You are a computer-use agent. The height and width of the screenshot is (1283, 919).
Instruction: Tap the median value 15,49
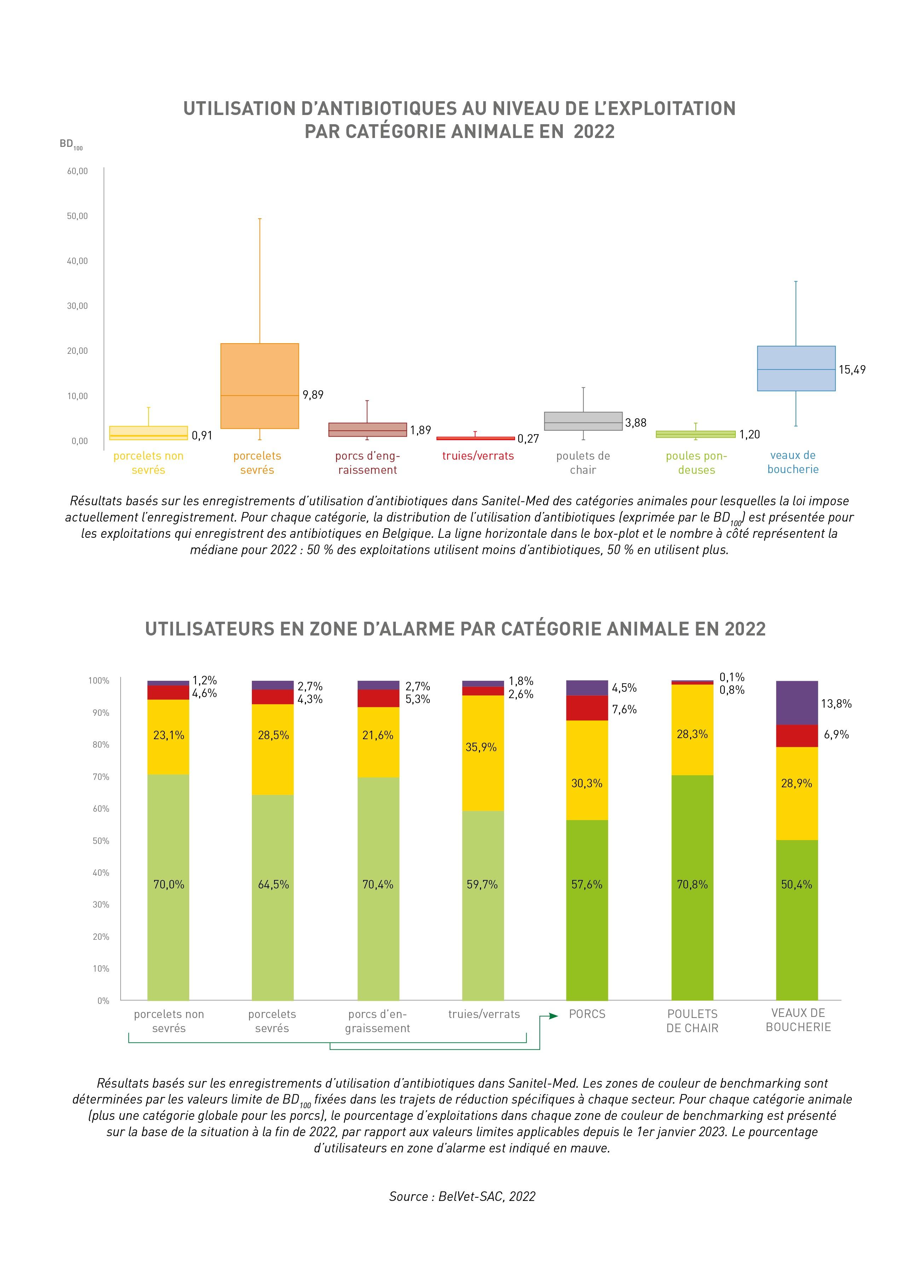tap(852, 369)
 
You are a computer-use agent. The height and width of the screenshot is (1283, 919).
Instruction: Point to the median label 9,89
tap(313, 395)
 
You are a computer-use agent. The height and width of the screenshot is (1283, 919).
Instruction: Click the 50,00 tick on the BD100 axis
tap(77, 216)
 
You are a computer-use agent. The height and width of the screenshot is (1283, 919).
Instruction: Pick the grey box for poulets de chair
tap(583, 421)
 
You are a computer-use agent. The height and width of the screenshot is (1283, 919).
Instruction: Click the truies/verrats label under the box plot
tap(478, 456)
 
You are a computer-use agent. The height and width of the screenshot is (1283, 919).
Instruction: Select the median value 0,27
tap(528, 439)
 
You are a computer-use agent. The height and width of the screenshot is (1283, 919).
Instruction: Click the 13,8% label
tap(836, 704)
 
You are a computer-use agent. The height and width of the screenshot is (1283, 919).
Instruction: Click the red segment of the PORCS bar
tap(587, 708)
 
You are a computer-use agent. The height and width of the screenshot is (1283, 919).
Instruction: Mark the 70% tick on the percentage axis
tap(101, 777)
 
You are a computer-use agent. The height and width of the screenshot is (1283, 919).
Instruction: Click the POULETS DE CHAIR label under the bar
tap(692, 1021)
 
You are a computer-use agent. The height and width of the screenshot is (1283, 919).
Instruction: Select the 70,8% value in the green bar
tap(692, 884)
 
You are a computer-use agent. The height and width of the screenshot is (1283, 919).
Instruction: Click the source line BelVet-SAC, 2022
tap(462, 1196)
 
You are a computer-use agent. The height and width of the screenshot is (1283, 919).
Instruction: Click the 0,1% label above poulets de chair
tap(732, 677)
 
